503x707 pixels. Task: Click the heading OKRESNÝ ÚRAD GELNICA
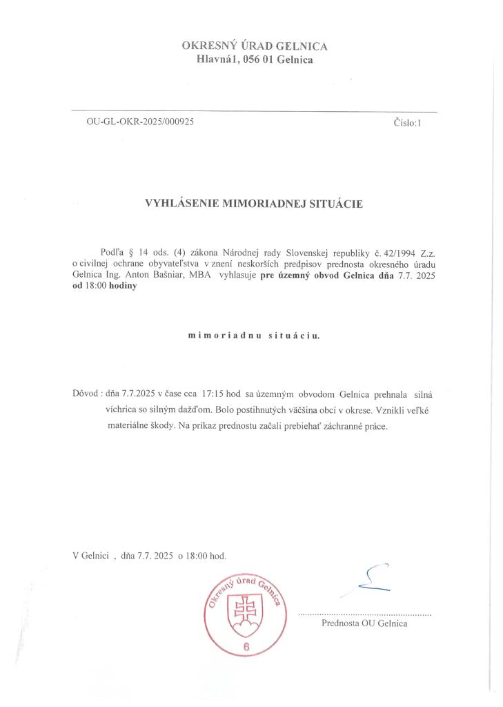(254, 46)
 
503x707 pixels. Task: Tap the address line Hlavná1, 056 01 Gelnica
(254, 60)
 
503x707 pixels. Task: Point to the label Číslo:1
(406, 123)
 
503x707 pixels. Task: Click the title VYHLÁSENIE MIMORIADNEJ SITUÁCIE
(253, 203)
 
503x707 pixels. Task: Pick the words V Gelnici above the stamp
(90, 554)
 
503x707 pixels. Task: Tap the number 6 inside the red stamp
(246, 647)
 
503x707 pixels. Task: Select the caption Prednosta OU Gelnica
(364, 623)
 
